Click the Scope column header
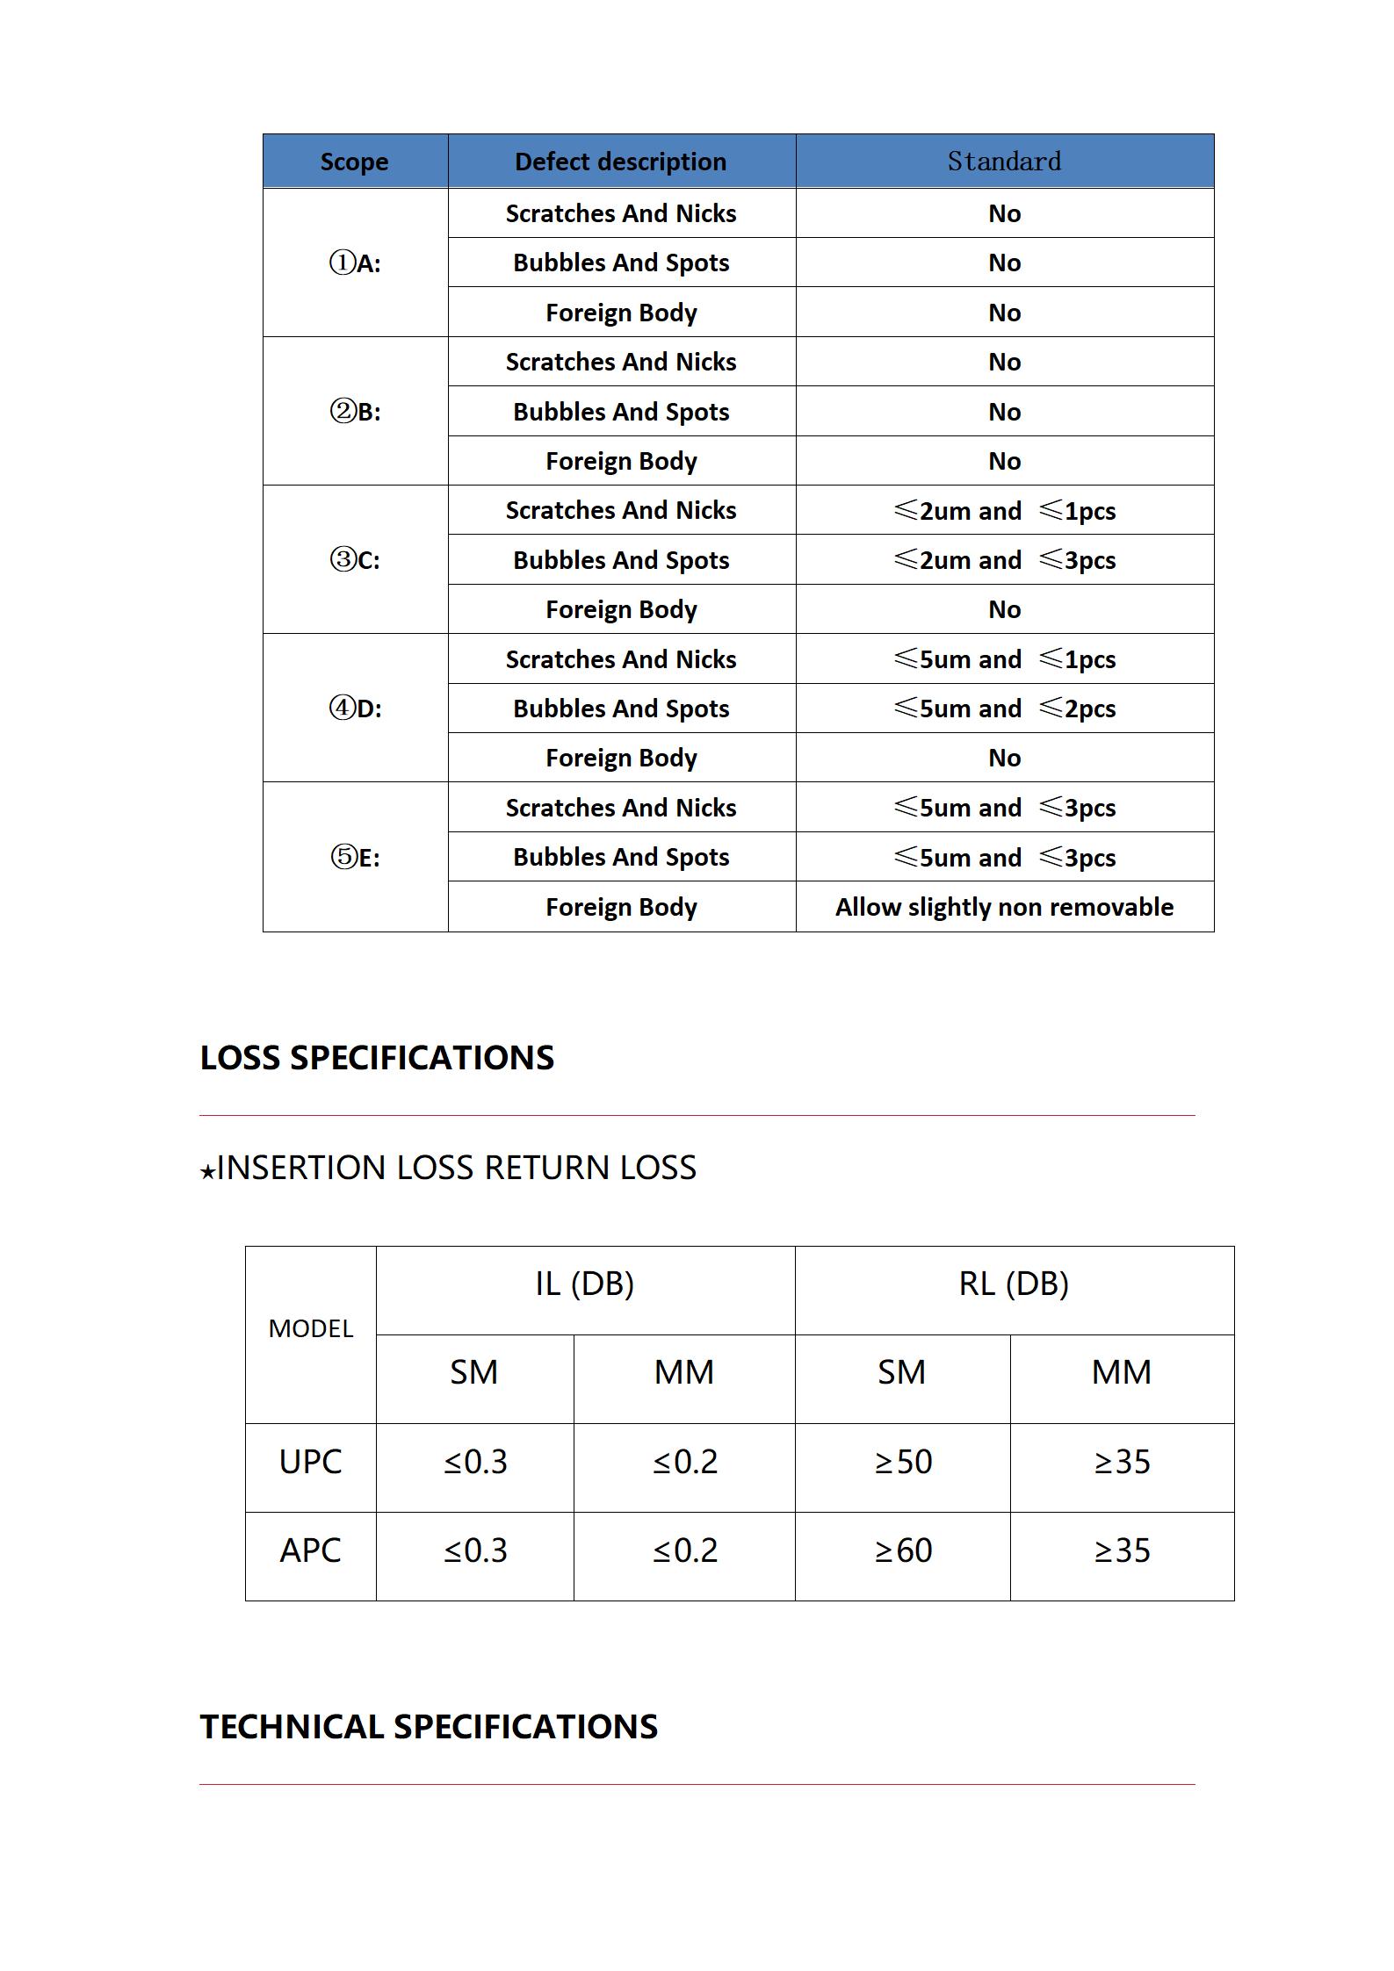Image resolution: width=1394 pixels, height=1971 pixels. pos(354,162)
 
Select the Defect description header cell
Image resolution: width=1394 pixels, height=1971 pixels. pos(620,162)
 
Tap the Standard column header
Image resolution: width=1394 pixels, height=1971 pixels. pos(1004,162)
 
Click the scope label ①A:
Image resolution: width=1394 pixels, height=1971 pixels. pos(355,263)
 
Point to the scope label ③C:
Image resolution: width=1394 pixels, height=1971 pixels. pos(355,559)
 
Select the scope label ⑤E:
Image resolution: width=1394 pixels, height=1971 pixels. pos(355,857)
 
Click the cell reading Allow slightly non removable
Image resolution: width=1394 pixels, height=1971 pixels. pos(1004,907)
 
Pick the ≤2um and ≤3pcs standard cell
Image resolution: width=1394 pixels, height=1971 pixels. pos(1004,560)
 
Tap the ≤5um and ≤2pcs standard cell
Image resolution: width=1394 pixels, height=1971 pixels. pos(1004,709)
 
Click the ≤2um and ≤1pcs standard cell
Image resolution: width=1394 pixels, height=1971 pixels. pos(1004,511)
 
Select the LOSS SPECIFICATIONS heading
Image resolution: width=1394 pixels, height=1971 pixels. pos(377,1058)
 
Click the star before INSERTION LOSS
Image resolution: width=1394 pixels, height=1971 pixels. pos(207,1171)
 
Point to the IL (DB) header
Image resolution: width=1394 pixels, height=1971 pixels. pos(584,1284)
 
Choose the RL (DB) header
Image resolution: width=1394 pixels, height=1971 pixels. pos(1014,1284)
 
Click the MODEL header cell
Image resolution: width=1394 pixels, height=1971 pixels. pos(310,1328)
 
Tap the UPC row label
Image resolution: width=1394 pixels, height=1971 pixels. pos(310,1462)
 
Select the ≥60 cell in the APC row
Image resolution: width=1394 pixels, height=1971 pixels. pos(903,1550)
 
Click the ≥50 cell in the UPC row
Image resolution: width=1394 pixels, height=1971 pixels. pos(903,1462)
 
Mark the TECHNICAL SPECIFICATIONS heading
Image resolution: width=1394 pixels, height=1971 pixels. pos(429,1727)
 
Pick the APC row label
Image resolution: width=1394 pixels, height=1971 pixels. pos(310,1550)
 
